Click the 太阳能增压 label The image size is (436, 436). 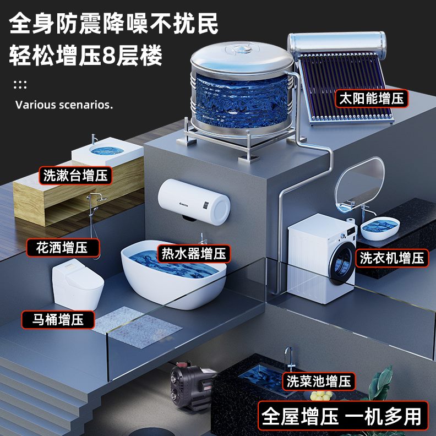tap(371, 99)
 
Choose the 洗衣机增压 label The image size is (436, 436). tap(392, 257)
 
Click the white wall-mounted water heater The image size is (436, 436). tap(194, 200)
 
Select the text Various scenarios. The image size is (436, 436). tap(64, 105)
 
